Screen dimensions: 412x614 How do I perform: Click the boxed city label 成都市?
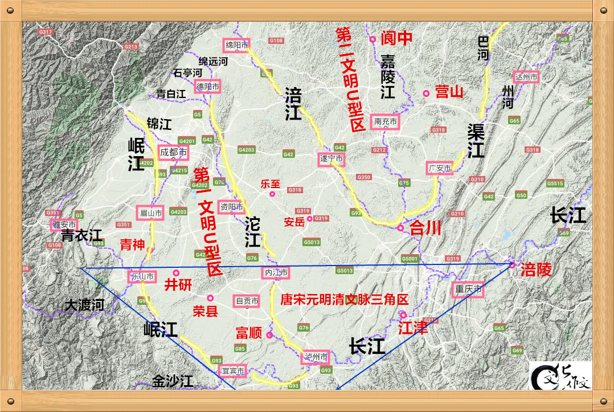coord(173,152)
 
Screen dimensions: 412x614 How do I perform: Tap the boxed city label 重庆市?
coord(469,289)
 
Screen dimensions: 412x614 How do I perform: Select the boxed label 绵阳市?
coord(235,45)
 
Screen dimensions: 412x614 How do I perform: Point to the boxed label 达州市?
coord(526,76)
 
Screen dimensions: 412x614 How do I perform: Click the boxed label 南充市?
coord(385,121)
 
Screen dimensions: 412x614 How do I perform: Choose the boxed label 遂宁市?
coord(331,160)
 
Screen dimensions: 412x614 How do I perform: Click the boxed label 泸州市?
coord(316,357)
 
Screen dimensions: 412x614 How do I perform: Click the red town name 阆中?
coord(396,38)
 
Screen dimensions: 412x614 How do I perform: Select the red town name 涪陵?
coord(536,270)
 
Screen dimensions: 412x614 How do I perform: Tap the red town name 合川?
coord(425,228)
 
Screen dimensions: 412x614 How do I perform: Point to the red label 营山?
coord(449,92)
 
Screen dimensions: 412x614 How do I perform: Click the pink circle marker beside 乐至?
coord(272,194)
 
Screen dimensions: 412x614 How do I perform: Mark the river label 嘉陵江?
coord(388,76)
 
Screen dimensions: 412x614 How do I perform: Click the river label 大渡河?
coord(84,305)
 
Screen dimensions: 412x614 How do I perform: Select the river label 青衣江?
coord(81,235)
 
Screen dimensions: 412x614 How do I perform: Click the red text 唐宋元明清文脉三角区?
coord(345,299)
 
